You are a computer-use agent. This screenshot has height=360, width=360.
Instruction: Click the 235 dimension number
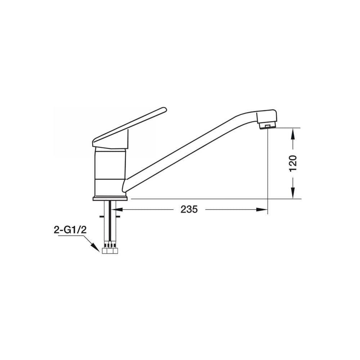189,210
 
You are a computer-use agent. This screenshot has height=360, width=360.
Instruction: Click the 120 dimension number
293,163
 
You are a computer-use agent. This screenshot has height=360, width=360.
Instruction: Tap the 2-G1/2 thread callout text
70,230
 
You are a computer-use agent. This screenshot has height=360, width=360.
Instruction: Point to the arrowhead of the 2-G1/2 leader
96,248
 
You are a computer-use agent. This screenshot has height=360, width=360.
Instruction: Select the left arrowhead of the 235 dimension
117,210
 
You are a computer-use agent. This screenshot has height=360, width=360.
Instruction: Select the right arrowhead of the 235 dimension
262,210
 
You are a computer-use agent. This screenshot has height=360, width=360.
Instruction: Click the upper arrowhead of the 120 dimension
293,134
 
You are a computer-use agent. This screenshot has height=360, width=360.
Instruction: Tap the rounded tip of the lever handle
163,109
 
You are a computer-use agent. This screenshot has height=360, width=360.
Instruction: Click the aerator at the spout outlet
267,126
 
